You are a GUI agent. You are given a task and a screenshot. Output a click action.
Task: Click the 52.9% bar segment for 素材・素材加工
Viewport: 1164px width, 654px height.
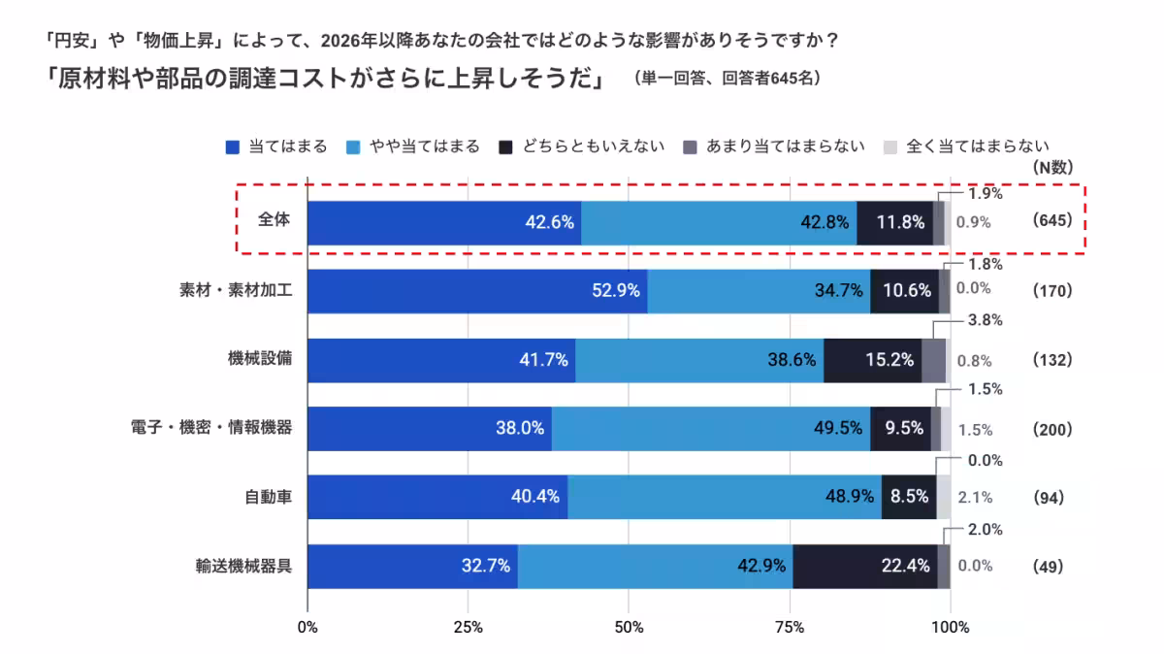(477, 291)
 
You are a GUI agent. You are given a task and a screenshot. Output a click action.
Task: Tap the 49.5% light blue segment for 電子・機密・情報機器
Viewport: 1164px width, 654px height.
(710, 429)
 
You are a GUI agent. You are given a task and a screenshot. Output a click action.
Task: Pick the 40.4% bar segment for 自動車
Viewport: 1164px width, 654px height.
(437, 497)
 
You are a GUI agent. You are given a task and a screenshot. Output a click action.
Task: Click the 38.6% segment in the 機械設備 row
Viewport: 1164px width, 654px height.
(699, 360)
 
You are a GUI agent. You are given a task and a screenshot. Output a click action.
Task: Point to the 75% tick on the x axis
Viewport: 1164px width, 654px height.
(790, 627)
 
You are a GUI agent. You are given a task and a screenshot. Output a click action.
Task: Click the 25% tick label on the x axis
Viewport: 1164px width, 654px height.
(469, 627)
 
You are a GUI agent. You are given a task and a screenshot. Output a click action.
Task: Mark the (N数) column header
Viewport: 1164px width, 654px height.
(1052, 167)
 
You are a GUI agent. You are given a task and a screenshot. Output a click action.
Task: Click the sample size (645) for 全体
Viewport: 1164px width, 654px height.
(1052, 220)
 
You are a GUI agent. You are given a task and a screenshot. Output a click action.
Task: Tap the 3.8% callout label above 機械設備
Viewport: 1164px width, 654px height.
(986, 320)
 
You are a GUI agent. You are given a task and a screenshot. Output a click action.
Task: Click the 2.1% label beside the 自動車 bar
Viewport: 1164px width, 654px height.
(974, 498)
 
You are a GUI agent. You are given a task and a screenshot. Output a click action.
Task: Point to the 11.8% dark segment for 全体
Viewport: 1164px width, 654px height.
(895, 221)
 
